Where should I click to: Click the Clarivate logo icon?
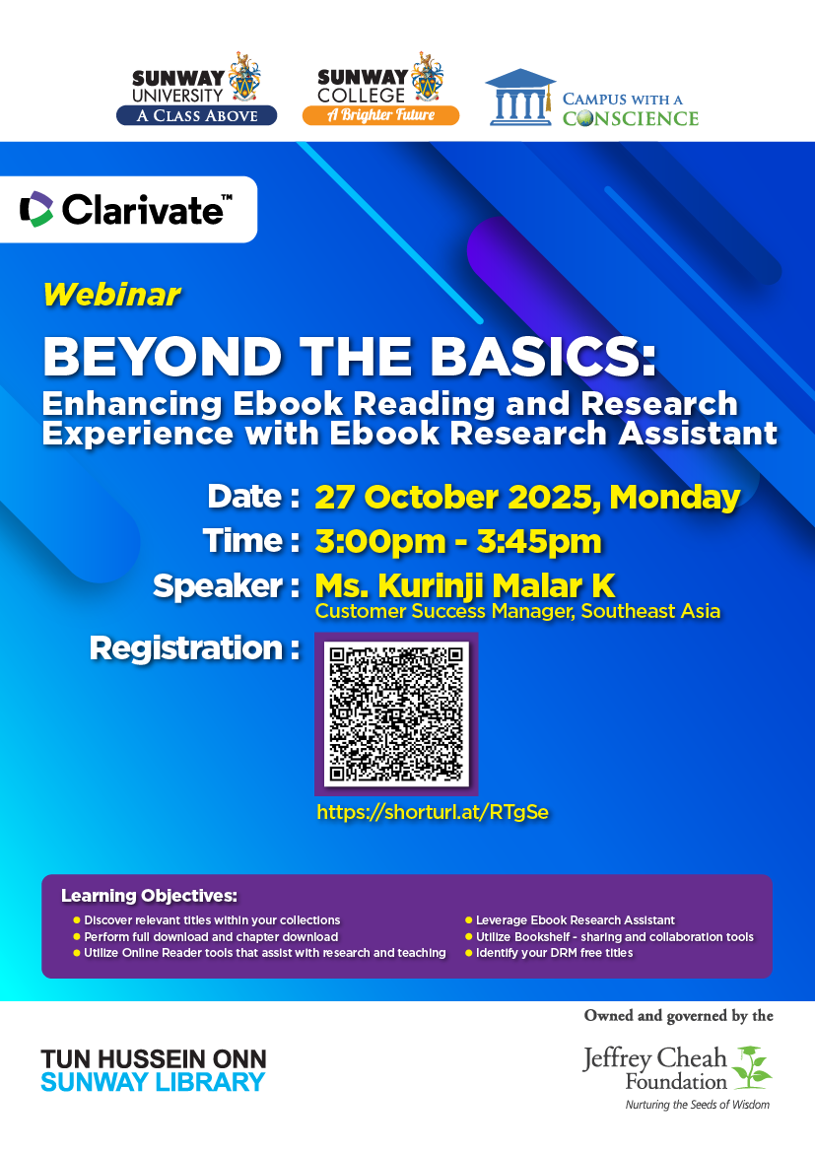point(36,210)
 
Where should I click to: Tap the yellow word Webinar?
point(111,295)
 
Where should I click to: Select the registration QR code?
point(396,714)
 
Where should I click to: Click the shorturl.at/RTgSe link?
point(433,812)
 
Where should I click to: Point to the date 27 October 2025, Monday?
point(527,497)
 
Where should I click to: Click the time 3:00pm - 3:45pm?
point(458,542)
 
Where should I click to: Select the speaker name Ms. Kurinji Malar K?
point(465,586)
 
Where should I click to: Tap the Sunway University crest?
point(244,77)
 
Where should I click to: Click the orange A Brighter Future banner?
point(381,115)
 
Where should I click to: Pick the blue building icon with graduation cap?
point(520,97)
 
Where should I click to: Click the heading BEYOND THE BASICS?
point(350,358)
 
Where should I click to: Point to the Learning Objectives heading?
point(150,896)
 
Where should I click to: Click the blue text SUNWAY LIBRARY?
point(153,1082)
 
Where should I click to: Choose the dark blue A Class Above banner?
point(196,115)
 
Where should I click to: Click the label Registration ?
point(195,648)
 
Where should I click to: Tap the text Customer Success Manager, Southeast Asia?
point(517,611)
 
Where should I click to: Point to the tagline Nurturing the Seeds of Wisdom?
point(698,1105)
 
